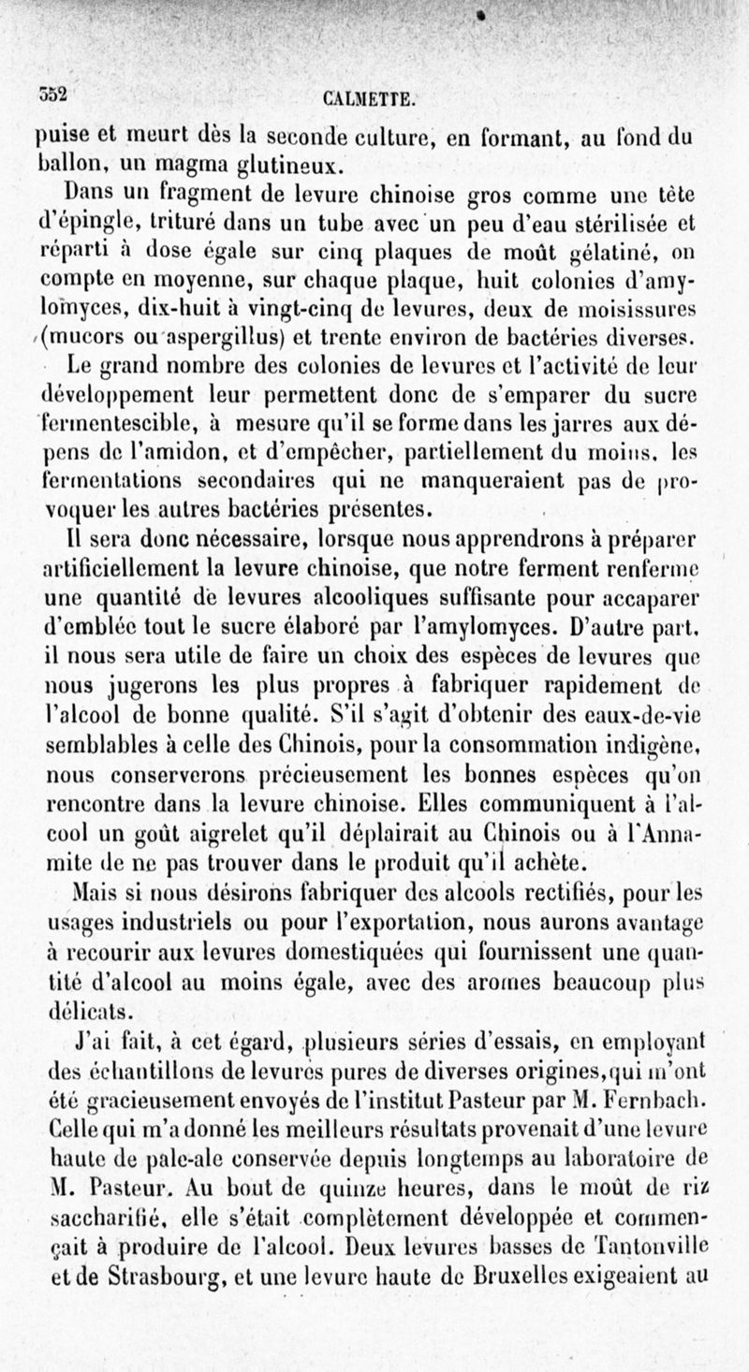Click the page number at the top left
coord(53,93)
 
